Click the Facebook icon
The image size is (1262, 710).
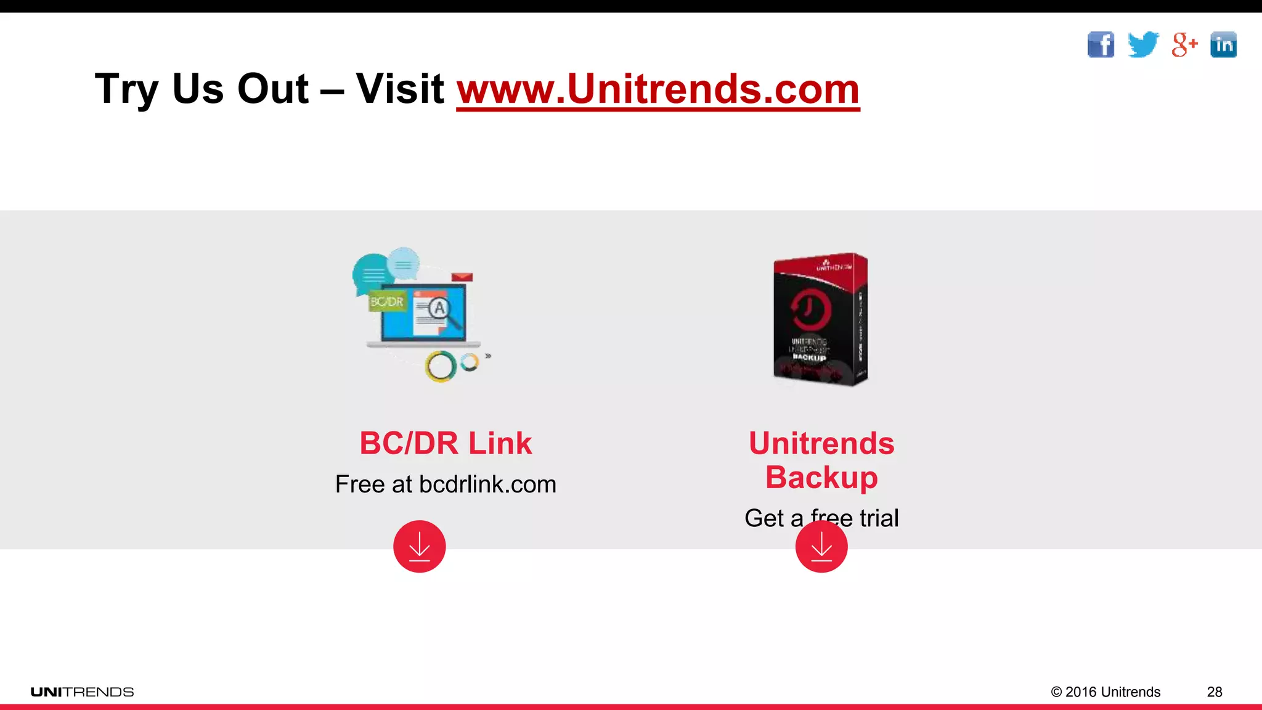1101,44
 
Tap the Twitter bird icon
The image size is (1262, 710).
1143,44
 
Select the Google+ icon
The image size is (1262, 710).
1184,44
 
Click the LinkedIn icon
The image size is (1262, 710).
1223,44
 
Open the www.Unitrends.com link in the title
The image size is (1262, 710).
657,89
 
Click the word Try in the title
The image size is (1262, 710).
126,90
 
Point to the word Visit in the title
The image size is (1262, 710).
400,89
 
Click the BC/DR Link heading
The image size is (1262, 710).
446,443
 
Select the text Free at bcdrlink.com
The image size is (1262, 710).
446,484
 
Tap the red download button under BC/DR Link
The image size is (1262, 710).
420,547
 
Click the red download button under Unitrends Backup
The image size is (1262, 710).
821,547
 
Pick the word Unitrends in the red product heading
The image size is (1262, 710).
821,443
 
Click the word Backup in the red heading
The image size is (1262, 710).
821,478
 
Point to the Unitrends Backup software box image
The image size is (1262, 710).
820,319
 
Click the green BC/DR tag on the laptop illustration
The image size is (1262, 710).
387,301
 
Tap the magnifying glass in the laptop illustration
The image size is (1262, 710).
442,311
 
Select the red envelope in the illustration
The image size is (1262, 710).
462,277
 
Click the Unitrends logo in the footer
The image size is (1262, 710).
83,692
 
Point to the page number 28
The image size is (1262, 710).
1215,692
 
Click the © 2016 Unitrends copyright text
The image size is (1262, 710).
1105,692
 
